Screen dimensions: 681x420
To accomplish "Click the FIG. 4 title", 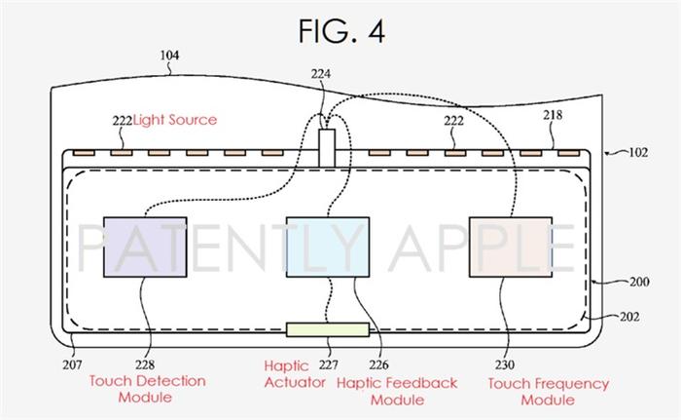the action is pos(341,31).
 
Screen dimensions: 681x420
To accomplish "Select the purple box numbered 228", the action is pos(145,247).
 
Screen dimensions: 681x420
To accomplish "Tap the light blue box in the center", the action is pos(328,247).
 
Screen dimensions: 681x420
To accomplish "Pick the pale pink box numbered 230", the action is pos(511,247).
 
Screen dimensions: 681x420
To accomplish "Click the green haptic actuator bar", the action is pos(328,329).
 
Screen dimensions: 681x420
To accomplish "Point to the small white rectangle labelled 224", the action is pos(327,148).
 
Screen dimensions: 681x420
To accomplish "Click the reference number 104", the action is pos(169,56).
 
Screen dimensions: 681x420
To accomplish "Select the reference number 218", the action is pos(553,115).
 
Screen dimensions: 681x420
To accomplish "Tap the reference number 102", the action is pos(638,152).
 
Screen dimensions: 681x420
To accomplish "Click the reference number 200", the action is pos(639,282).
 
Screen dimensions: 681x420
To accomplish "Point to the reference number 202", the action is pos(629,317).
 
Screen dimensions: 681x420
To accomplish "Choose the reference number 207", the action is pos(72,364).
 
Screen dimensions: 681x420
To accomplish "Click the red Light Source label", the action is pos(175,120).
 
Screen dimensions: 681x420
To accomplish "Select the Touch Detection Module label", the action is pos(147,389).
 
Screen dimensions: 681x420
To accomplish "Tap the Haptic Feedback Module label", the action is pos(397,392).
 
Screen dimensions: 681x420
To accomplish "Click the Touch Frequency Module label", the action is pos(548,392).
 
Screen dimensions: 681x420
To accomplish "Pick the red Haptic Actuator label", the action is pos(295,374).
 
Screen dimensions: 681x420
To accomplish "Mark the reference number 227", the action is pos(328,364).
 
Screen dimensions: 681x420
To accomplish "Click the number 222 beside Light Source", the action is pos(122,121).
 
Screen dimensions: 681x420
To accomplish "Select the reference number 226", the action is pos(378,364).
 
